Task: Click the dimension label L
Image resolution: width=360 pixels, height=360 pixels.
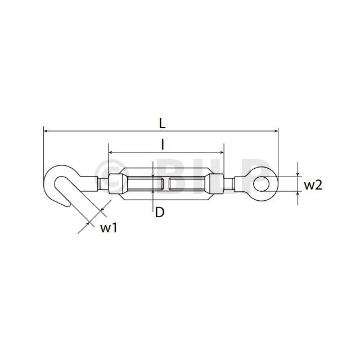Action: click(x=163, y=124)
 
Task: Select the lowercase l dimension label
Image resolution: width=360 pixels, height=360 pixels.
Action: click(x=163, y=145)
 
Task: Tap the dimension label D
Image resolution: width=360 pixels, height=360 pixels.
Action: click(x=160, y=212)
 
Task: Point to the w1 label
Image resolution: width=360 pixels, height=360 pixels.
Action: click(x=109, y=228)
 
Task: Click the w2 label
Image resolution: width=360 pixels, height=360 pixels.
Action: click(x=313, y=185)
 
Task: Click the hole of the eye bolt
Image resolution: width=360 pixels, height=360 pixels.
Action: click(x=262, y=184)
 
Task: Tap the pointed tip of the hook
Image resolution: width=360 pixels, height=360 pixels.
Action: click(x=69, y=207)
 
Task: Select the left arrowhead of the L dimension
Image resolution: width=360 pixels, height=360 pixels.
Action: click(x=46, y=131)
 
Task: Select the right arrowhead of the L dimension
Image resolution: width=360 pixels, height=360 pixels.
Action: click(x=276, y=131)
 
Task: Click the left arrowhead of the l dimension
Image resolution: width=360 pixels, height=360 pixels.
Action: click(x=110, y=152)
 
